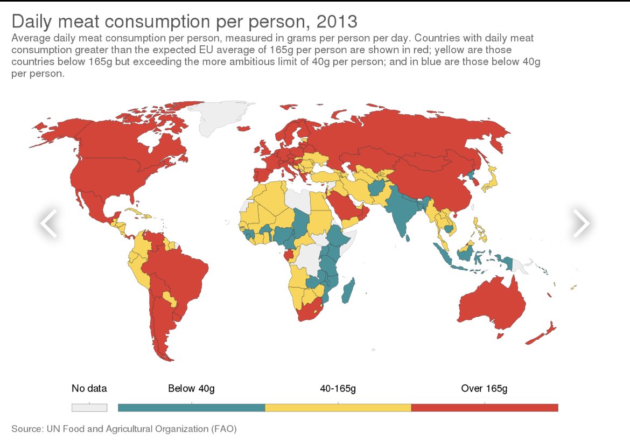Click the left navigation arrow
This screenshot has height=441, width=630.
pyautogui.click(x=48, y=222)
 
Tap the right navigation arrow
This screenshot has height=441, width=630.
pyautogui.click(x=581, y=222)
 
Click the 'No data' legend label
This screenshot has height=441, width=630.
pyautogui.click(x=89, y=388)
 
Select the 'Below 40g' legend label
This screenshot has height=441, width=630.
pyautogui.click(x=191, y=388)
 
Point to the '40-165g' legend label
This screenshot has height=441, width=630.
pyautogui.click(x=338, y=388)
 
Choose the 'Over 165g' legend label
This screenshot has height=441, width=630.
pyautogui.click(x=484, y=388)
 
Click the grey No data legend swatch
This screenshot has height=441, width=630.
pyautogui.click(x=89, y=407)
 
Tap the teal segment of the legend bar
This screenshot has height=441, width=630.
pyautogui.click(x=191, y=407)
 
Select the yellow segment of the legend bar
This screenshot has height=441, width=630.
pyautogui.click(x=338, y=407)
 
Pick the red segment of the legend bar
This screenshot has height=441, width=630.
pyautogui.click(x=484, y=407)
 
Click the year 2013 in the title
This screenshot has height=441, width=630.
pyautogui.click(x=337, y=22)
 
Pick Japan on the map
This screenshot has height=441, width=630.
pyautogui.click(x=491, y=180)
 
